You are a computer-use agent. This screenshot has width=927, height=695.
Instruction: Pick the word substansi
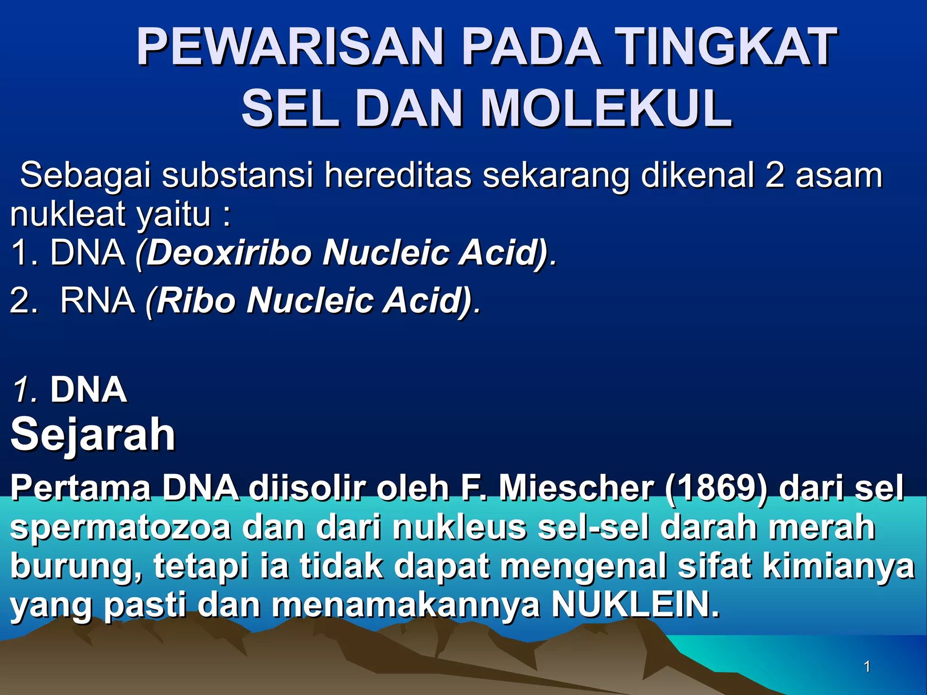click(x=237, y=176)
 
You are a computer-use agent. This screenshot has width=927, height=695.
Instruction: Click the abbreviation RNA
click(x=98, y=300)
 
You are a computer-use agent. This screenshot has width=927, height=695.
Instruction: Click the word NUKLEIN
click(x=635, y=605)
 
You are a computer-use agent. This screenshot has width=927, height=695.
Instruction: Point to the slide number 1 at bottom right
click(x=867, y=666)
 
